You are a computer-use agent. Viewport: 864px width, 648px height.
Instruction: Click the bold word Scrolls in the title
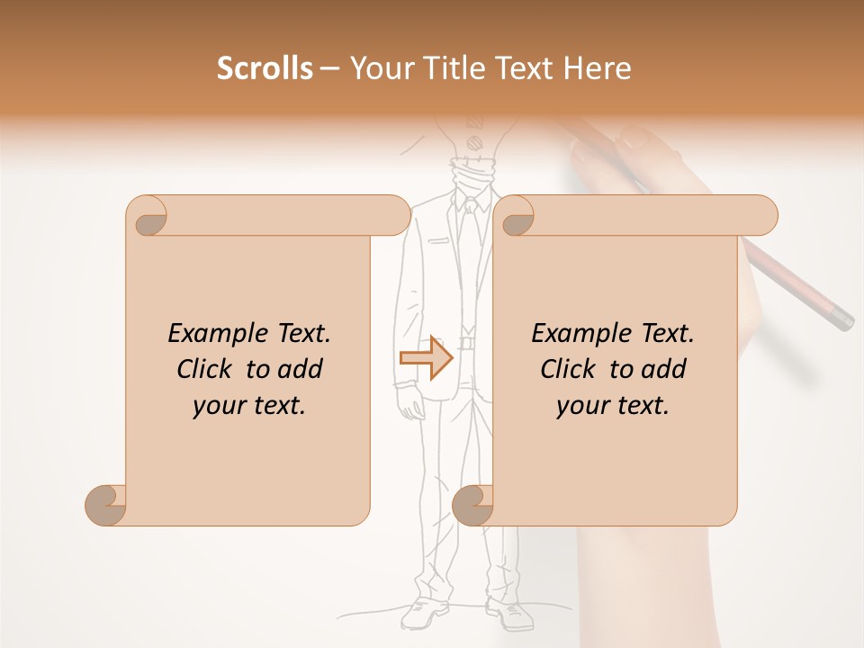click(265, 68)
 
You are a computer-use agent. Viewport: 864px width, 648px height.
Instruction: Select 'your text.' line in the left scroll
click(249, 405)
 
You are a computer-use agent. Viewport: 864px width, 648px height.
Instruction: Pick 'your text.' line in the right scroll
click(613, 405)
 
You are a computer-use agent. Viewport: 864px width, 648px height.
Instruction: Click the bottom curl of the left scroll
click(107, 504)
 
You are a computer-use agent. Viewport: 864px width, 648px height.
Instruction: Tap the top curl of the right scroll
click(517, 216)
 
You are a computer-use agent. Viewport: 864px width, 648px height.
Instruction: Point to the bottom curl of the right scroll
click(473, 504)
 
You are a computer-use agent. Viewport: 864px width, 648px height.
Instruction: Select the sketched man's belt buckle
click(466, 342)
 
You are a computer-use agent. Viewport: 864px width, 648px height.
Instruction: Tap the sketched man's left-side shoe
click(419, 614)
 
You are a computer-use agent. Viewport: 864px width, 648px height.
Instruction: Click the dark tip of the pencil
click(842, 319)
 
